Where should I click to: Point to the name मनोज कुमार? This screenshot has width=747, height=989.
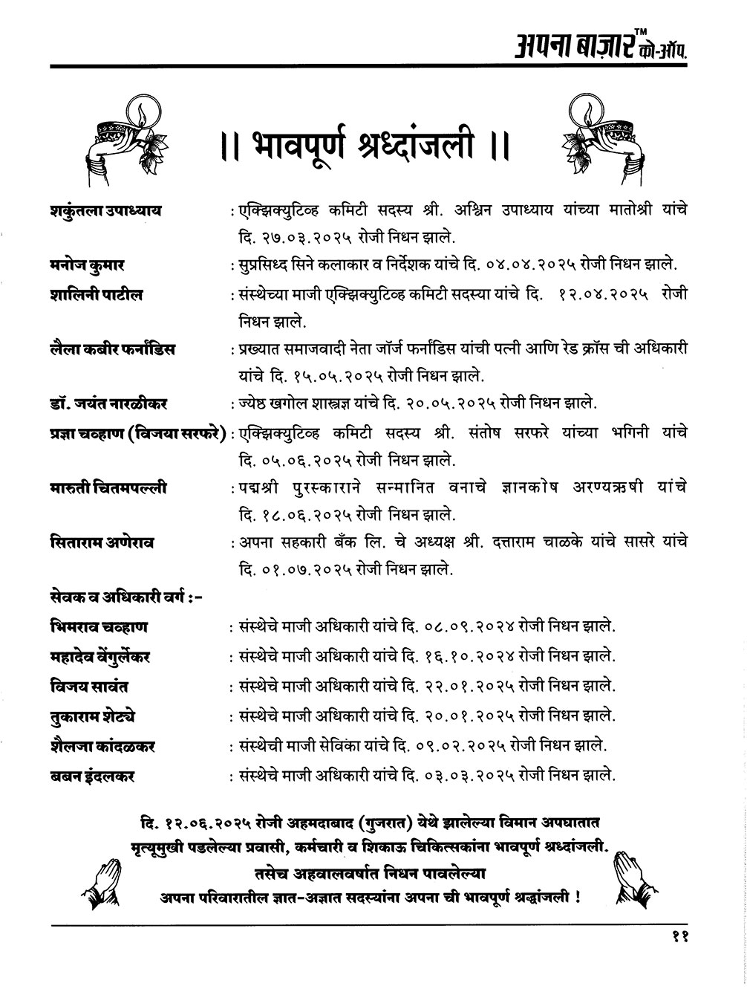82,265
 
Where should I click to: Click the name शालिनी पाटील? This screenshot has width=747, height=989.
94,295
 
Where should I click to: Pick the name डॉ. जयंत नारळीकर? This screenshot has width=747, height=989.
105,403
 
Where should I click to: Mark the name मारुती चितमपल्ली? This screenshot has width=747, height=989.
105,487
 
